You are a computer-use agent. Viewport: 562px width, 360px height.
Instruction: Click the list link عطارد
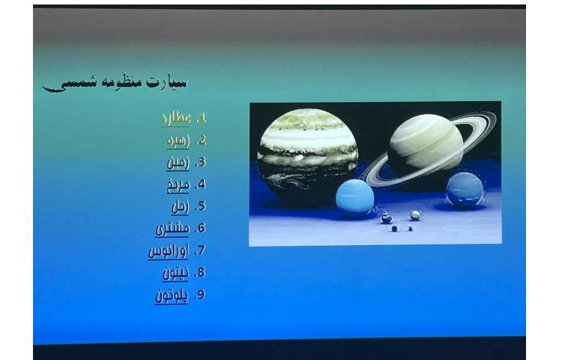tap(176, 118)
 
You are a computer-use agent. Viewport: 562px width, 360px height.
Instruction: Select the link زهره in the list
tap(178, 140)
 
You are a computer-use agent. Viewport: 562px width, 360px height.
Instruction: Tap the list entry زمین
tap(178, 162)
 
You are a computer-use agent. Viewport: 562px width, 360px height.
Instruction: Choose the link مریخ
tap(178, 184)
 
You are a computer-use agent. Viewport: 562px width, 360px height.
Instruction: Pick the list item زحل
tap(179, 206)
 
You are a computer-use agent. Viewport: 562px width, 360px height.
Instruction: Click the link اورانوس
tap(168, 251)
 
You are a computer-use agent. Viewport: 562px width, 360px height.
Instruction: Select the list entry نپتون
tap(175, 273)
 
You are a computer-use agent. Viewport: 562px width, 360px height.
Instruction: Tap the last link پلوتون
tap(172, 295)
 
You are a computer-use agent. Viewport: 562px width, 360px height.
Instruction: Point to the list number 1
tap(200, 118)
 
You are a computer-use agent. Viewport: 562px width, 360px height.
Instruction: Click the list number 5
tap(200, 206)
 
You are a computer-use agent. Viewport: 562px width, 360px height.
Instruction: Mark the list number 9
tap(200, 295)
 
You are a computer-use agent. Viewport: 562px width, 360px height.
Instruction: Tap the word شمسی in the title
tap(71, 84)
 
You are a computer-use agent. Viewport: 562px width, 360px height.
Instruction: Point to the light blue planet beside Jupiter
tap(354, 198)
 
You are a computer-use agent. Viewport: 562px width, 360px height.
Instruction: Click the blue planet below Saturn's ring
tap(465, 189)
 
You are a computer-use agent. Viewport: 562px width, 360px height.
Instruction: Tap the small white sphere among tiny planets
tap(415, 215)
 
